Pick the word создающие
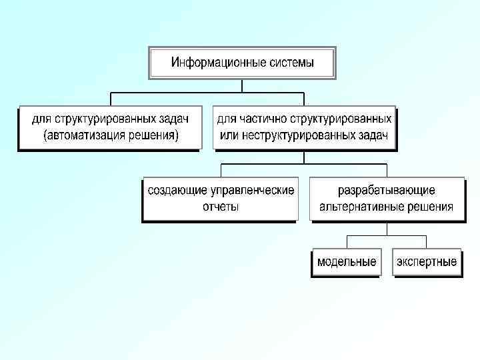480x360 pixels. click(x=176, y=190)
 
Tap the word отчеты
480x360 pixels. click(x=221, y=207)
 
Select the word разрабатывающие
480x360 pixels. click(x=387, y=190)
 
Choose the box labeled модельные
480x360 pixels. click(x=346, y=261)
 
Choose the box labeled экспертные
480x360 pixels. click(x=427, y=261)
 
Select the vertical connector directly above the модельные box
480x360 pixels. click(x=346, y=241)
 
